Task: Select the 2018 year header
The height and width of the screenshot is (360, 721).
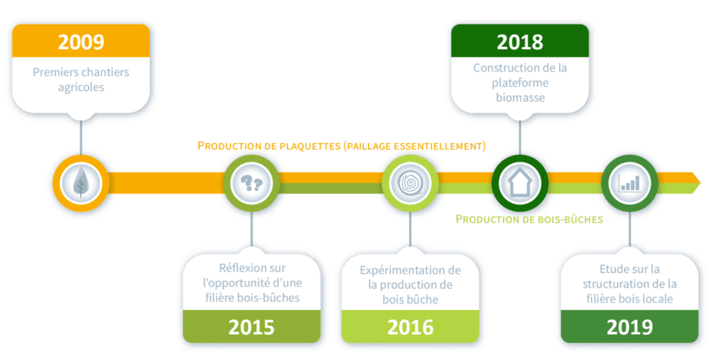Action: point(520,42)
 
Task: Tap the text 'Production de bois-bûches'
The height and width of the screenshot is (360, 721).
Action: point(529,219)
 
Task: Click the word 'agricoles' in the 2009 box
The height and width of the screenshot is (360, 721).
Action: point(81,88)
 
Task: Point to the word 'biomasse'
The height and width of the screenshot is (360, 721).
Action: point(520,98)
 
